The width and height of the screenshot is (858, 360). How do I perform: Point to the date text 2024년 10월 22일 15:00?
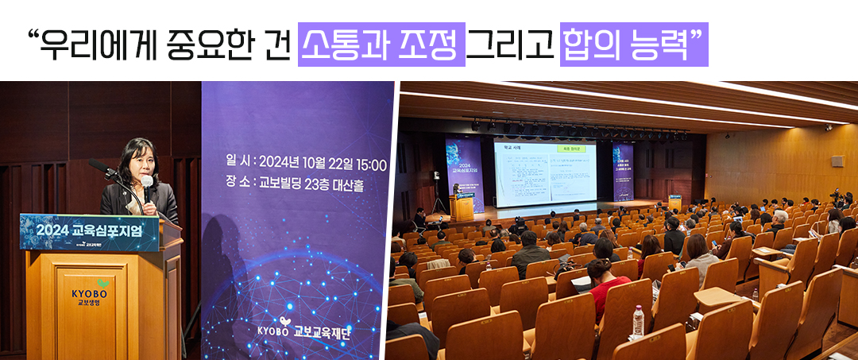[323, 165]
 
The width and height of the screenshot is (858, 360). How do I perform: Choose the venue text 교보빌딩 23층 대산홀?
[311, 183]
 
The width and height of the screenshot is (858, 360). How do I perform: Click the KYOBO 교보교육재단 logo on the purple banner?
[304, 331]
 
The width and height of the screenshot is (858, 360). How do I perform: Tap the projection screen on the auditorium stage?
[544, 171]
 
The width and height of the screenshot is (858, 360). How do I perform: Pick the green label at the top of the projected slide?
[571, 149]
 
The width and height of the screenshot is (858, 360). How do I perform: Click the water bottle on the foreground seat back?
[637, 321]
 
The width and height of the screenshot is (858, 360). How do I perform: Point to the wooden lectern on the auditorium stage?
[461, 207]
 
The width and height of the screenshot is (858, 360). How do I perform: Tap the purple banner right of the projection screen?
[623, 172]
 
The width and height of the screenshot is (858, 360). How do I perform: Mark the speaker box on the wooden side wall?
[837, 161]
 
